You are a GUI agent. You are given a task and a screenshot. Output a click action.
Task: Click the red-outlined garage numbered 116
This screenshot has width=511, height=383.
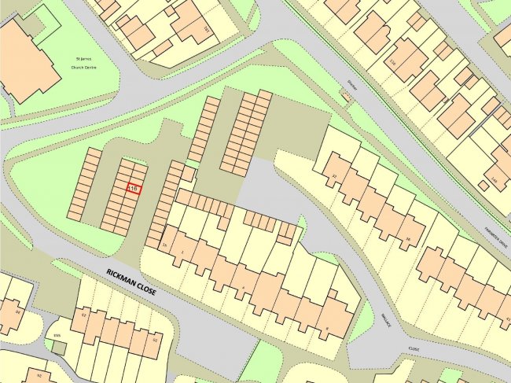pyautogui.click(x=133, y=189)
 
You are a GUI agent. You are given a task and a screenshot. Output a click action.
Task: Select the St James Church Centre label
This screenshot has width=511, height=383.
pyautogui.click(x=88, y=63)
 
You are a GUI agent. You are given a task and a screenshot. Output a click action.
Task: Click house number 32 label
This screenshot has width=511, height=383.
pyautogui.click(x=334, y=175)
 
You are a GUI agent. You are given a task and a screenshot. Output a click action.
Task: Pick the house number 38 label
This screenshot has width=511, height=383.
pyautogui.click(x=407, y=239)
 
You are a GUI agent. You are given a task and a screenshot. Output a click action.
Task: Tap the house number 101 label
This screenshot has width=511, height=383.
pyautogui.click(x=207, y=30)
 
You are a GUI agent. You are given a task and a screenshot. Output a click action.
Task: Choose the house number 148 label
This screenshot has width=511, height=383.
pyautogui.click(x=494, y=181)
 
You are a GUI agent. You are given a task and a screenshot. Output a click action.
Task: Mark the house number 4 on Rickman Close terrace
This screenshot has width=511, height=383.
pyautogui.click(x=244, y=286)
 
